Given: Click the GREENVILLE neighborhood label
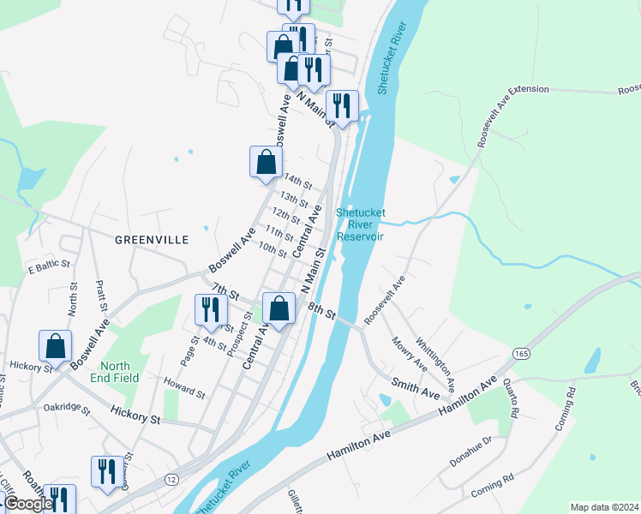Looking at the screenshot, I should click(152, 241).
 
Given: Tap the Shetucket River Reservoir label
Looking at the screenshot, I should click(360, 224).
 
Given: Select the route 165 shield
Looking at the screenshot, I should click(521, 354).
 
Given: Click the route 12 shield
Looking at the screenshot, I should click(172, 479).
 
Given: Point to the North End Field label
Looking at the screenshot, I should click(121, 371).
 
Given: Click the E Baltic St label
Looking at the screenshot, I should click(54, 266).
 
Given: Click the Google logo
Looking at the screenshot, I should click(28, 504).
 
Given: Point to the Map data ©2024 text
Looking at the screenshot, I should click(604, 506).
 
